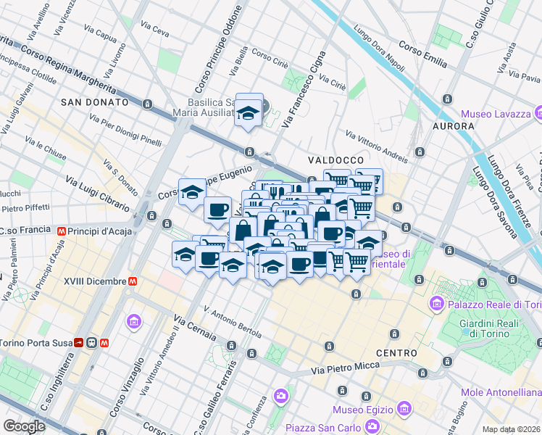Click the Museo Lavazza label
coord(495,114)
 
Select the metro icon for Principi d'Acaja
coord(63,231)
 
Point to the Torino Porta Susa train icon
coord(92,342)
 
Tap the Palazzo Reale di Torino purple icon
coord(436,302)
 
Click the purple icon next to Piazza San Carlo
coord(280,397)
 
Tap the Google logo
coord(24,426)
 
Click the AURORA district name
coord(453,126)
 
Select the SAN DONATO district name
coord(95,102)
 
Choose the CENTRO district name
coord(396,353)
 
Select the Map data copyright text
coord(512,429)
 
